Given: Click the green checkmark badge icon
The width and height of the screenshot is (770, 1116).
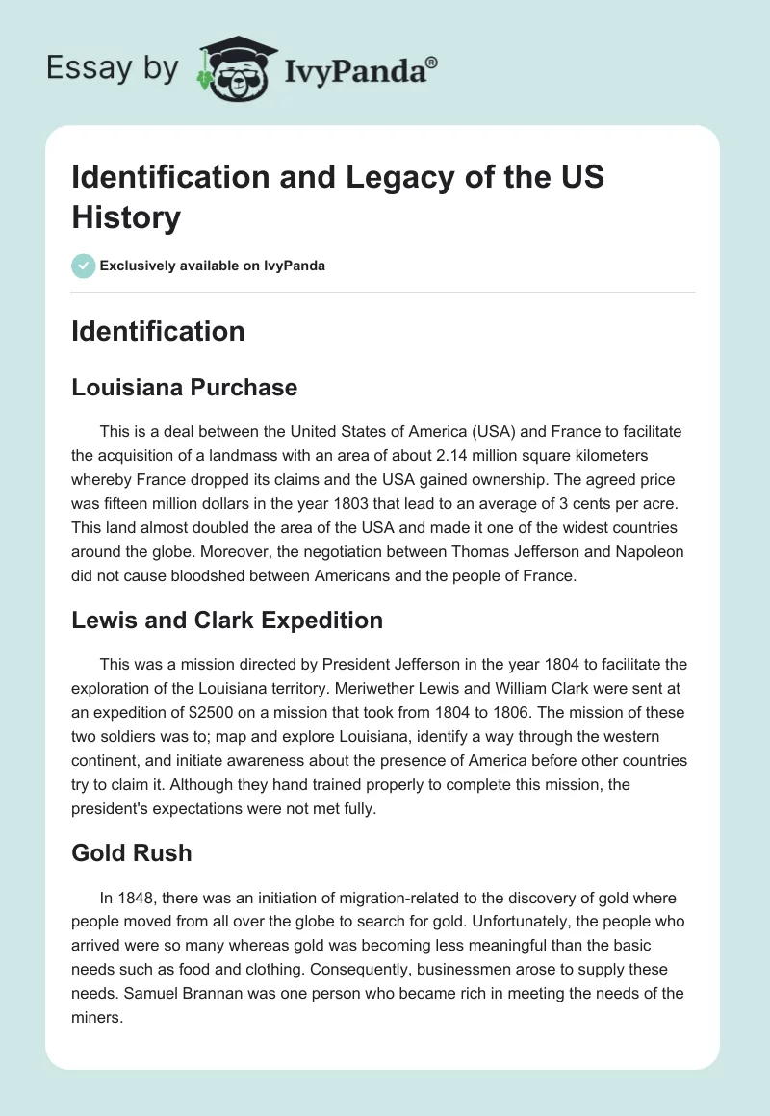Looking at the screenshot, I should pos(84,266).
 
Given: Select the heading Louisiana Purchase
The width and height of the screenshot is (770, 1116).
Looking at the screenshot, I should pos(185,388).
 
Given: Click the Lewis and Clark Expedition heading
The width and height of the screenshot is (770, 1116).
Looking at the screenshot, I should pos(227,621).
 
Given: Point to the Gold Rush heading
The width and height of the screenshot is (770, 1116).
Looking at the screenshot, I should pos(132,853).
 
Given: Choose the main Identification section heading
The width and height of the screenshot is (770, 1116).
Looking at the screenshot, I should pos(159,332).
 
